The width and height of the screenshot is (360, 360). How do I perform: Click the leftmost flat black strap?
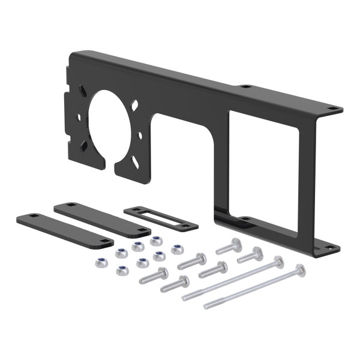(x=64, y=230)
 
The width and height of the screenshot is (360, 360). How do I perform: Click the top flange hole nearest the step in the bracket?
(x=245, y=87)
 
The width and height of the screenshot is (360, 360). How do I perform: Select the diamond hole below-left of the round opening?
(x=85, y=145)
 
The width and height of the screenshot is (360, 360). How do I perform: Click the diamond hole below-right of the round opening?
(x=136, y=161)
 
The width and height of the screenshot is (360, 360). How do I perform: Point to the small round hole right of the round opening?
(x=140, y=135)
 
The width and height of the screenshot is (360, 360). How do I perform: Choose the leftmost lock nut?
(x=100, y=262)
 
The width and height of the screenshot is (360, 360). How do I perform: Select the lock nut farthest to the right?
(x=177, y=249)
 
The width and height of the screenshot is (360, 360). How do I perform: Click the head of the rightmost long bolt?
(x=300, y=269)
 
